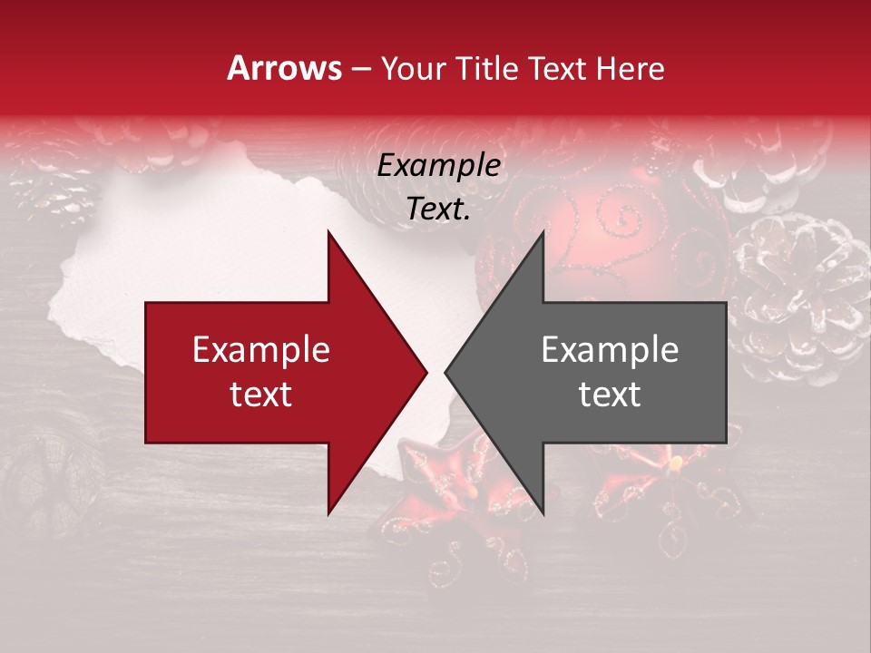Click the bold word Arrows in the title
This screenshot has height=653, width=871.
coord(285,68)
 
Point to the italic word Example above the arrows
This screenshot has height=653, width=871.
coord(439,166)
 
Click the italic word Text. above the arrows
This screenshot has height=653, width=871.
coord(439,209)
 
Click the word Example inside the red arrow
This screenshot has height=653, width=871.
coord(261,350)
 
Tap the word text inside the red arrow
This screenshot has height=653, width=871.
coord(261,394)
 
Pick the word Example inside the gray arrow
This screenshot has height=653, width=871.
coord(610,350)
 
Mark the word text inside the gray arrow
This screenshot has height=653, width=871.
coord(610,394)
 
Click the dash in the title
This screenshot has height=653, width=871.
coord(362,68)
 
